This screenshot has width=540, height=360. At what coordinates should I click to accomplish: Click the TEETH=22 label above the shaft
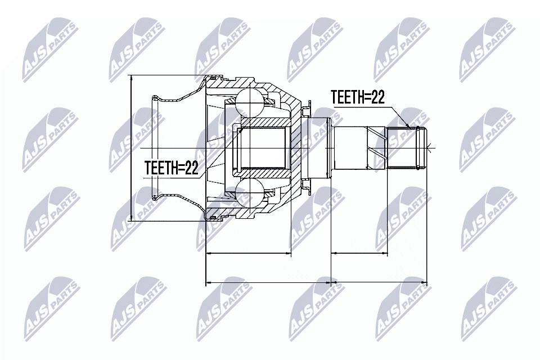coord(357,97)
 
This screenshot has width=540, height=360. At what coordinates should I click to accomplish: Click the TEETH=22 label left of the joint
coord(172,168)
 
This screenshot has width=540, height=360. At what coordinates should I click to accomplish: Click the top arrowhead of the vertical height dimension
coord(130,79)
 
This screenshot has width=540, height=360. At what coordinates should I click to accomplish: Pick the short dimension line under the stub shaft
coord(359,254)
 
